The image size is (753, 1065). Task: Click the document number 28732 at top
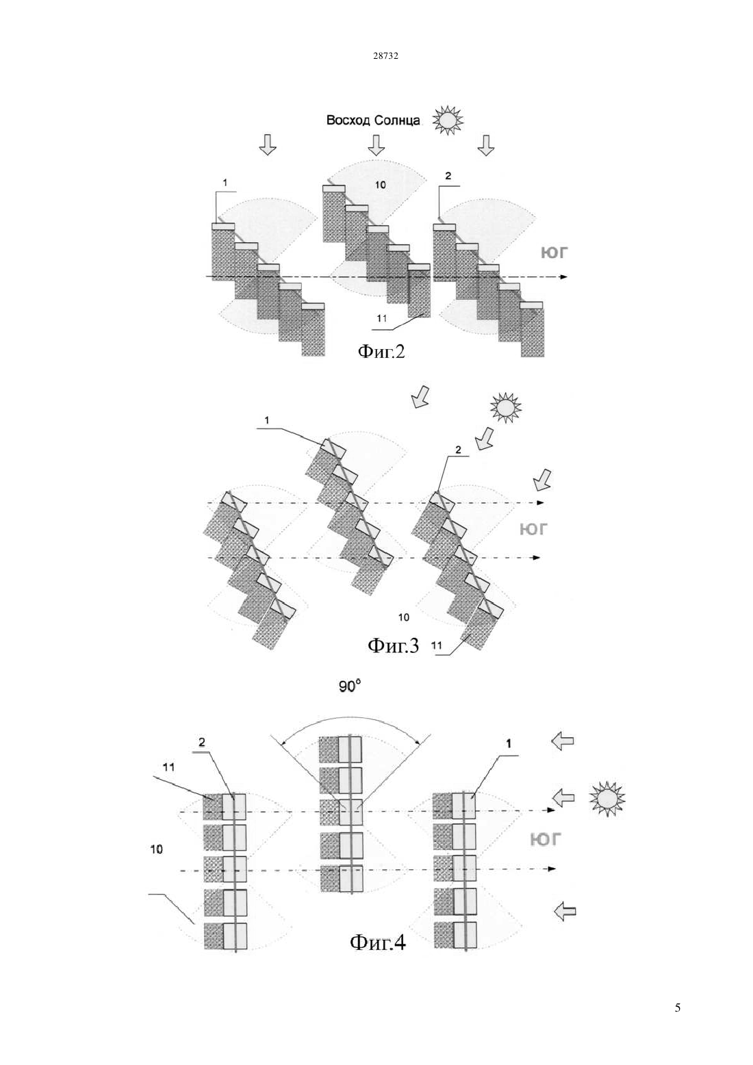pos(385,56)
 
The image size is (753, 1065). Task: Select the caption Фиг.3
pos(393,645)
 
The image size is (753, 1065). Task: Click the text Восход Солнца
pos(373,120)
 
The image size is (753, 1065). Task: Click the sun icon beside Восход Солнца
pos(447,120)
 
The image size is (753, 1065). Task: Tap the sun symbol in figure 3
pos(506,407)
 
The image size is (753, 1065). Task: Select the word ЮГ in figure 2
pos(554,252)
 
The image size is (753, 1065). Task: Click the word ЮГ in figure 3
pos(533,528)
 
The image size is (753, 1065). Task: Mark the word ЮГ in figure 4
pos(546,839)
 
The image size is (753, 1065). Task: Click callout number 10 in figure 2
pos(381,185)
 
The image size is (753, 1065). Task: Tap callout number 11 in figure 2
pos(382,318)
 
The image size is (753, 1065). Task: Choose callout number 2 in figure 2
pos(448,176)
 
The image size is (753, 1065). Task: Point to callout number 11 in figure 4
pos(169,767)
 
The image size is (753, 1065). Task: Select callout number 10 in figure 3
pos(403,617)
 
